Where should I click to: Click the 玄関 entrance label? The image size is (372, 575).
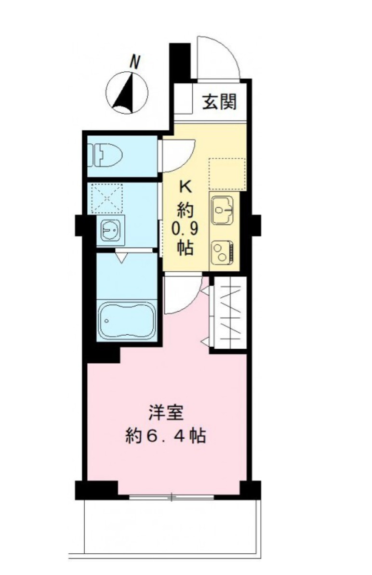(219, 102)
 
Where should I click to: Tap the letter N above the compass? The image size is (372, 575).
(136, 62)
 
